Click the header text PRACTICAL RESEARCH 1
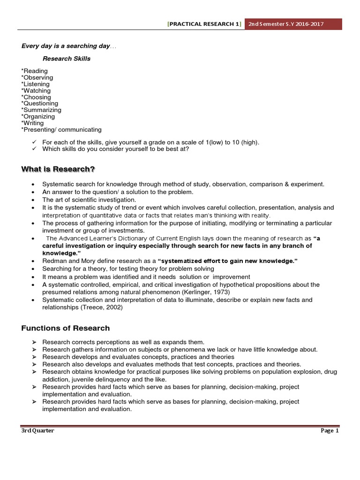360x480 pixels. [x=204, y=24]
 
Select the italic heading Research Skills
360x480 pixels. [x=67, y=59]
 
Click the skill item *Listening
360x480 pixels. [x=35, y=84]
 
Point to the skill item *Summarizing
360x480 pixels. [x=41, y=110]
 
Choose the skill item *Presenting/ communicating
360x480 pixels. [x=61, y=129]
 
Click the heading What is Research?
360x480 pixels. [x=61, y=169]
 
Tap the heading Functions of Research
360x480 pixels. [x=65, y=328]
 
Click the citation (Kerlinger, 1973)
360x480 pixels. [x=205, y=292]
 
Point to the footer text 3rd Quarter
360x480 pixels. [x=37, y=431]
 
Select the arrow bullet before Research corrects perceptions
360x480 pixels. [x=34, y=342]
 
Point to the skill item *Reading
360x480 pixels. [x=34, y=71]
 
